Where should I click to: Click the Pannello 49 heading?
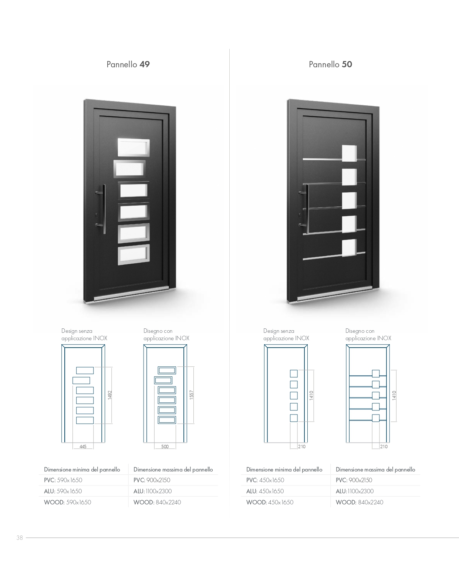point(128,64)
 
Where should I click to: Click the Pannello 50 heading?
point(330,64)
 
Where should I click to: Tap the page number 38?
point(20,538)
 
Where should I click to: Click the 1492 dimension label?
point(109,395)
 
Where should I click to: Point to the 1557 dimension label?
point(191,395)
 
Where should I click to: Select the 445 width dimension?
point(83,446)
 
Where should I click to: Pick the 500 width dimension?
point(165,446)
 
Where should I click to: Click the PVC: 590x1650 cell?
point(63,480)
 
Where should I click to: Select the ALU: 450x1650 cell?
point(265,491)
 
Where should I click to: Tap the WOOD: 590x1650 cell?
point(67,502)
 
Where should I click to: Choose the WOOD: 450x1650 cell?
point(270,502)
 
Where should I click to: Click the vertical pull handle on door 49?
point(104,209)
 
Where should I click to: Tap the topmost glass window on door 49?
point(134,147)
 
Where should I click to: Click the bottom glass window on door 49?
point(134,254)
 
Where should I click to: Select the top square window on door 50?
point(349,153)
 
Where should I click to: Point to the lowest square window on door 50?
point(349,248)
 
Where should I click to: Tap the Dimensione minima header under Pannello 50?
point(284,469)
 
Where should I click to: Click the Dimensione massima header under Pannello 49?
point(173,469)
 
